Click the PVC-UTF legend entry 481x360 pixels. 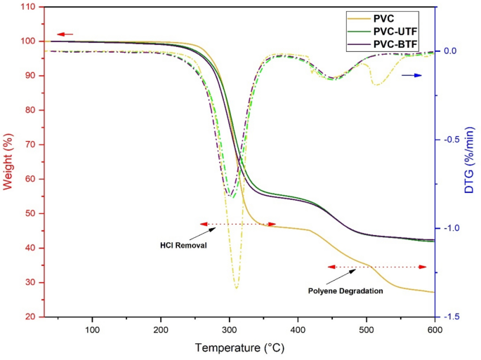click(x=399, y=31)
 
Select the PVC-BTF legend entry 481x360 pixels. click(x=399, y=44)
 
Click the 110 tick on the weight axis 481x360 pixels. click(x=29, y=7)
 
